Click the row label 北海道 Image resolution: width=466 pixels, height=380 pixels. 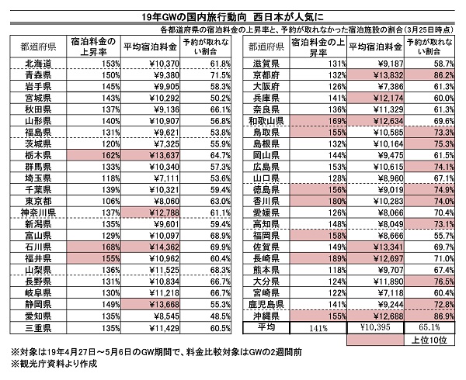(38, 64)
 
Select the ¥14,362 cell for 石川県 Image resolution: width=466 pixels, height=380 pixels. (151, 247)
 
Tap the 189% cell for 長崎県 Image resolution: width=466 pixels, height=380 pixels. (318, 258)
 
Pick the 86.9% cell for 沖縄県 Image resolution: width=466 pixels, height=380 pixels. (429, 316)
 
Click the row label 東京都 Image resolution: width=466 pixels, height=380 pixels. (38, 201)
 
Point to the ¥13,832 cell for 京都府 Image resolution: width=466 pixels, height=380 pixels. (376, 75)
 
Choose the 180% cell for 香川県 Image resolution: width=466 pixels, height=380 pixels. (318, 201)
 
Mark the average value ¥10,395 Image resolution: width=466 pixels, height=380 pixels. (376, 327)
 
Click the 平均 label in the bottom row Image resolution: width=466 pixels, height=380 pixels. (266, 327)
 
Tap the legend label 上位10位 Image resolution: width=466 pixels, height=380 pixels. (429, 340)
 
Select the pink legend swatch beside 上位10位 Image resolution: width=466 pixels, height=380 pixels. (375, 340)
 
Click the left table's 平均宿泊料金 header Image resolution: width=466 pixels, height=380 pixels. (151, 47)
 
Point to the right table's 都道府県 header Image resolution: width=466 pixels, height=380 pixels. (266, 47)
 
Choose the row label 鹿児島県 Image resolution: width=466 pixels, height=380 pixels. (266, 304)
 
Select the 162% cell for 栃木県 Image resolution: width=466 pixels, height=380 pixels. (94, 155)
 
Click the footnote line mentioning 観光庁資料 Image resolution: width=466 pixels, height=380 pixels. (54, 364)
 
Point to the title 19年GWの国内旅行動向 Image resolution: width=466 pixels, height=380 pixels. (193, 17)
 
